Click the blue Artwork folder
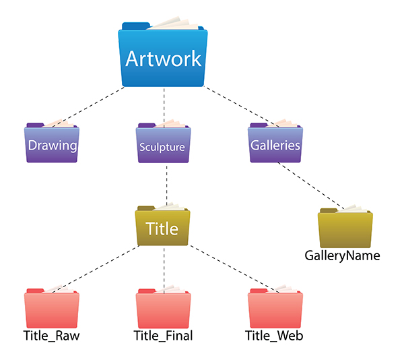pyautogui.click(x=164, y=59)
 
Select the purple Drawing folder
pyautogui.click(x=52, y=145)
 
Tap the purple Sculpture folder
pyautogui.click(x=162, y=145)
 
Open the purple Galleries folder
pyautogui.click(x=274, y=145)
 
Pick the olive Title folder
pyautogui.click(x=162, y=229)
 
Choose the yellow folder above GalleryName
pyautogui.click(x=345, y=231)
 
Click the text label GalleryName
pyautogui.click(x=342, y=256)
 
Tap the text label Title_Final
pyautogui.click(x=163, y=335)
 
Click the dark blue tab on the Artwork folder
pyautogui.click(x=135, y=26)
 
